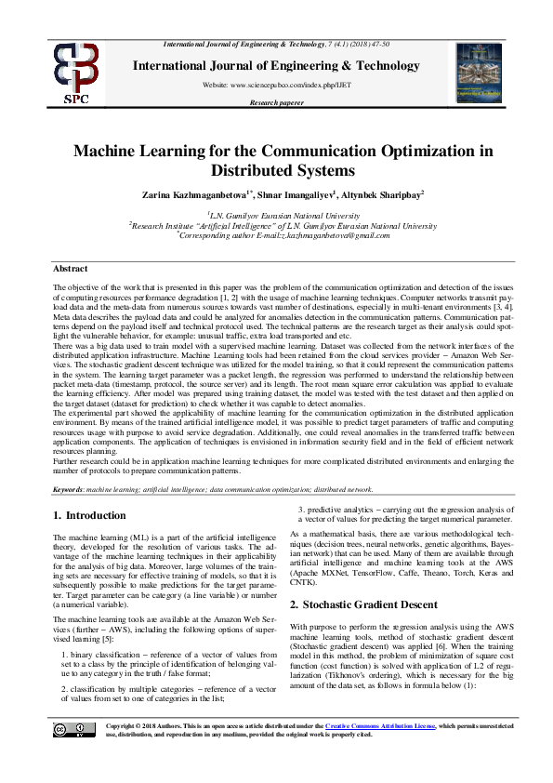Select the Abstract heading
point(72,268)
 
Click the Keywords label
point(70,488)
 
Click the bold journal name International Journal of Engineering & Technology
point(276,65)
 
